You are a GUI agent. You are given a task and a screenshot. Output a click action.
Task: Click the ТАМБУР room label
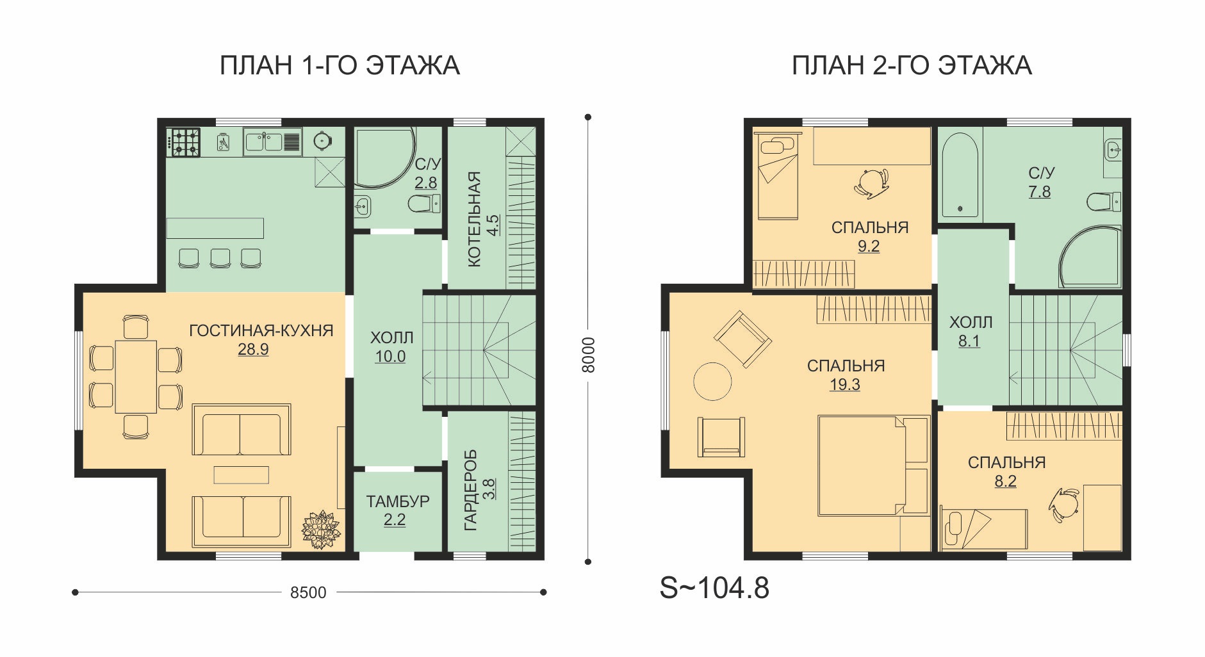point(398,501)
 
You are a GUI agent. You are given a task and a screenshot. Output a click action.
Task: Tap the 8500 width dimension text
point(308,593)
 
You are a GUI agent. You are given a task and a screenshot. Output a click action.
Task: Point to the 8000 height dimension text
point(588,355)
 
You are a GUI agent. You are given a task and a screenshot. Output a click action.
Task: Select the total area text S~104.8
point(714,588)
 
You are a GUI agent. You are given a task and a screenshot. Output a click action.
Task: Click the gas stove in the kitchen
point(184,142)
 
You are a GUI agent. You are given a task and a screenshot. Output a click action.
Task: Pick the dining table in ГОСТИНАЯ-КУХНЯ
point(136,377)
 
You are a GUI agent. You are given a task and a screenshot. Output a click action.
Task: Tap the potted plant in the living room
point(321,529)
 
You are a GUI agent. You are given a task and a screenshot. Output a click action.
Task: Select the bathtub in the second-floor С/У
point(960,175)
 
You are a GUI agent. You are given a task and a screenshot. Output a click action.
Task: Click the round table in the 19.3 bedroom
point(712,382)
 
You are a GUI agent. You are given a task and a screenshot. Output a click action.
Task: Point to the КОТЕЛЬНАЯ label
point(474,219)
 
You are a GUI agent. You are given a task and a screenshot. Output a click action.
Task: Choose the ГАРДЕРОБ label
point(471,490)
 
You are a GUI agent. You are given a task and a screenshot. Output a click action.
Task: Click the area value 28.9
point(253,350)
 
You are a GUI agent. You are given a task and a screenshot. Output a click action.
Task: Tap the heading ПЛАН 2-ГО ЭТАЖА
point(912,66)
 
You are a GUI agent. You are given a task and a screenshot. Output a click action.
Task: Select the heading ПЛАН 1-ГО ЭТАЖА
point(340,66)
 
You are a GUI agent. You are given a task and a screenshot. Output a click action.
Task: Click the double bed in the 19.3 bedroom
point(873,466)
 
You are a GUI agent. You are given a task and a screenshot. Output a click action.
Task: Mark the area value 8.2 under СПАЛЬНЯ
point(1006,482)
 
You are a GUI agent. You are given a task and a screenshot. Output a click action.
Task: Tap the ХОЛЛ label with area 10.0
point(392,337)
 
